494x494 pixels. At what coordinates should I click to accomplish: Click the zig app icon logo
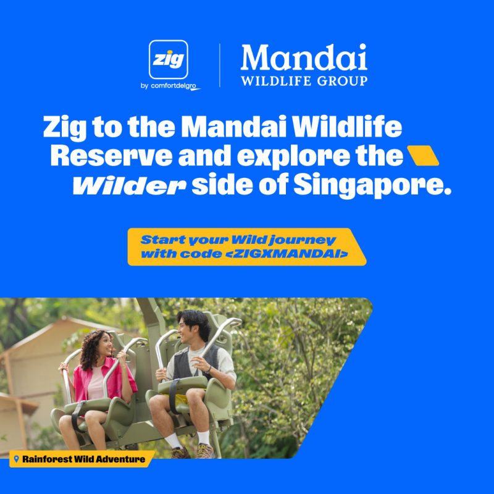pyautogui.click(x=168, y=59)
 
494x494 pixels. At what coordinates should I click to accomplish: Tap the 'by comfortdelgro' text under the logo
pyautogui.click(x=170, y=86)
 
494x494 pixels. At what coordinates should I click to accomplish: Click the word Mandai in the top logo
pyautogui.click(x=304, y=57)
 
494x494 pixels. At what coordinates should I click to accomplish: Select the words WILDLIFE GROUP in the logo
pyautogui.click(x=304, y=81)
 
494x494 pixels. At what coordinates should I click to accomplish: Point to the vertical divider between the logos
pyautogui.click(x=220, y=65)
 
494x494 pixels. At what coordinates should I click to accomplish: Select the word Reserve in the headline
pyautogui.click(x=112, y=156)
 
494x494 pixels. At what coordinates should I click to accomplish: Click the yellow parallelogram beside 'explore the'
pyautogui.click(x=423, y=156)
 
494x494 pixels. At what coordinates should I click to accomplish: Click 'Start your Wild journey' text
pyautogui.click(x=238, y=240)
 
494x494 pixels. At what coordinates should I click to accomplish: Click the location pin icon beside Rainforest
pyautogui.click(x=17, y=459)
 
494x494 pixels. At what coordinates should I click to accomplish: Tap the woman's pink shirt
pyautogui.click(x=104, y=379)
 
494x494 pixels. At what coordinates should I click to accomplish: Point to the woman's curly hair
pyautogui.click(x=93, y=348)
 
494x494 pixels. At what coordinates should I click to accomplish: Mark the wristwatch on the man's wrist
pyautogui.click(x=209, y=369)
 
